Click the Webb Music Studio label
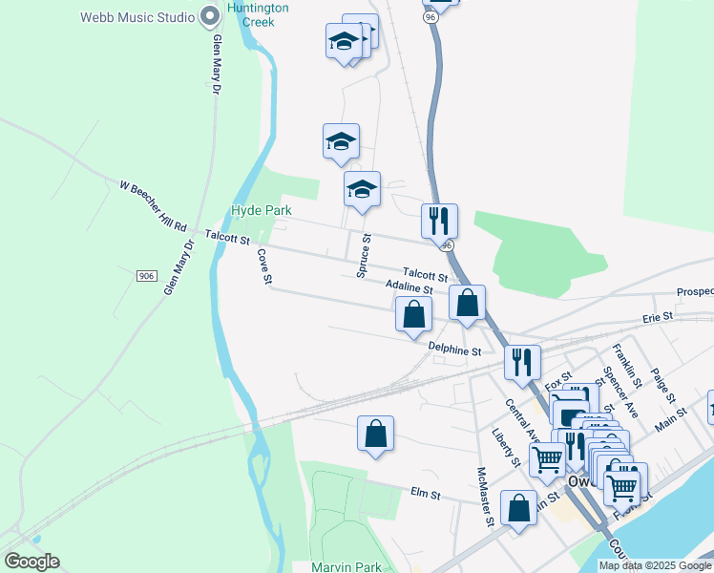[x=136, y=17]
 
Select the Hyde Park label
[x=261, y=210]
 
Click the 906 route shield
[x=146, y=276]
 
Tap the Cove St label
[x=265, y=267]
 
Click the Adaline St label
[x=409, y=287]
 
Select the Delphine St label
[x=454, y=350]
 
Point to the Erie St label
[x=658, y=315]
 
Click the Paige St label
[x=663, y=385]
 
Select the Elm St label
[x=425, y=495]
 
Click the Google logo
[x=31, y=562]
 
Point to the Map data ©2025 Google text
[x=655, y=565]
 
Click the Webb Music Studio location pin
[x=212, y=17]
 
